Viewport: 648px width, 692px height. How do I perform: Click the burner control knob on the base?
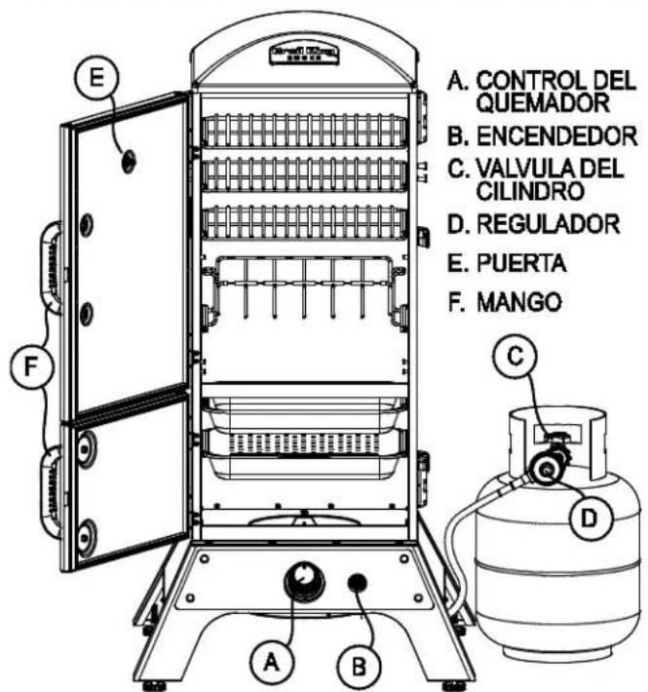(305, 581)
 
